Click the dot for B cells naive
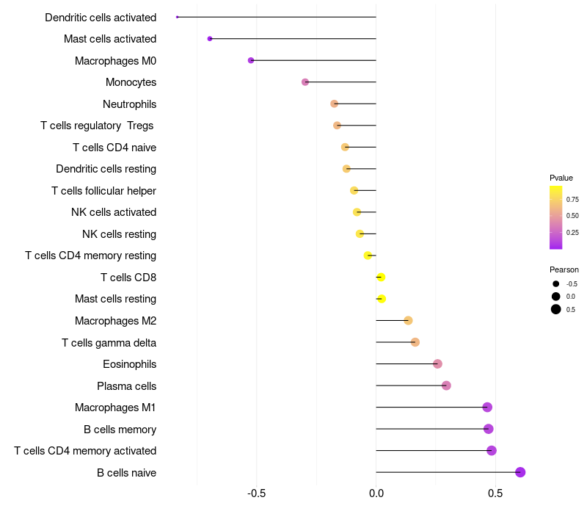(x=520, y=472)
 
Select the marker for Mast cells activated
(x=210, y=38)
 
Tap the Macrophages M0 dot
(x=251, y=60)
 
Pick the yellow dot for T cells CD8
(x=381, y=277)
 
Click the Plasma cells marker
(x=446, y=385)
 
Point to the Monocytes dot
(x=305, y=82)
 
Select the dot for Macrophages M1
(x=487, y=407)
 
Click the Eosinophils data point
(x=437, y=363)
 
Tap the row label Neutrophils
(x=129, y=104)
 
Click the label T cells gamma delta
(x=109, y=342)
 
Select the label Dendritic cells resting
(x=106, y=169)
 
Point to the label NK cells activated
(x=114, y=212)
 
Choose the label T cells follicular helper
(x=103, y=191)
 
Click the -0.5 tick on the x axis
(x=256, y=493)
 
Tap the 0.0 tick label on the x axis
(x=376, y=493)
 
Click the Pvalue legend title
(x=561, y=178)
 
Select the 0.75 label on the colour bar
(x=572, y=199)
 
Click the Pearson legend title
(x=564, y=269)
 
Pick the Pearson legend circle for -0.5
(x=556, y=283)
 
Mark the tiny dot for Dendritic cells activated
(x=178, y=17)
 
